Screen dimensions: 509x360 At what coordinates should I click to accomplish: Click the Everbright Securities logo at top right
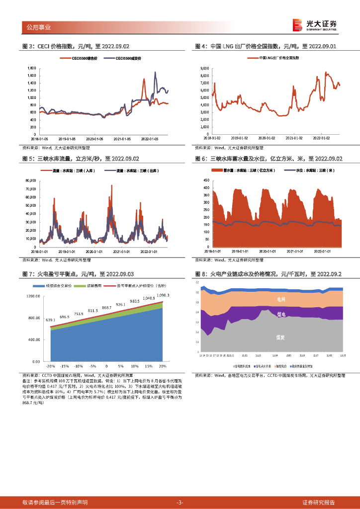click(315, 25)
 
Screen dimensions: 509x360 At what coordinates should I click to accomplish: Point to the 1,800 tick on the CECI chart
click(31, 68)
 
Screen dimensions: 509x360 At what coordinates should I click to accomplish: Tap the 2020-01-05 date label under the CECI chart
click(94, 139)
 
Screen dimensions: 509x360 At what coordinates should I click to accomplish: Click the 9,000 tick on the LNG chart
click(204, 68)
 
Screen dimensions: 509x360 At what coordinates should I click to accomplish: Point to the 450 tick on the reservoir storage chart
click(206, 180)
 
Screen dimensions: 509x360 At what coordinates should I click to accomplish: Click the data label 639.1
click(50, 321)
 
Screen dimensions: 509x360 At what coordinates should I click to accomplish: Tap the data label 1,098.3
click(163, 295)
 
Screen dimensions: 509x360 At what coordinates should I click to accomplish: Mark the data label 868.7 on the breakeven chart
click(106, 308)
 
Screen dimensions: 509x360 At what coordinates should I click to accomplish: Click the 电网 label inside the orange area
click(280, 299)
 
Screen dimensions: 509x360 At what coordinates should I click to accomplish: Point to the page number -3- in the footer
click(180, 502)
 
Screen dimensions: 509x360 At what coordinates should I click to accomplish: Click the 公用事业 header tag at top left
click(38, 27)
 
